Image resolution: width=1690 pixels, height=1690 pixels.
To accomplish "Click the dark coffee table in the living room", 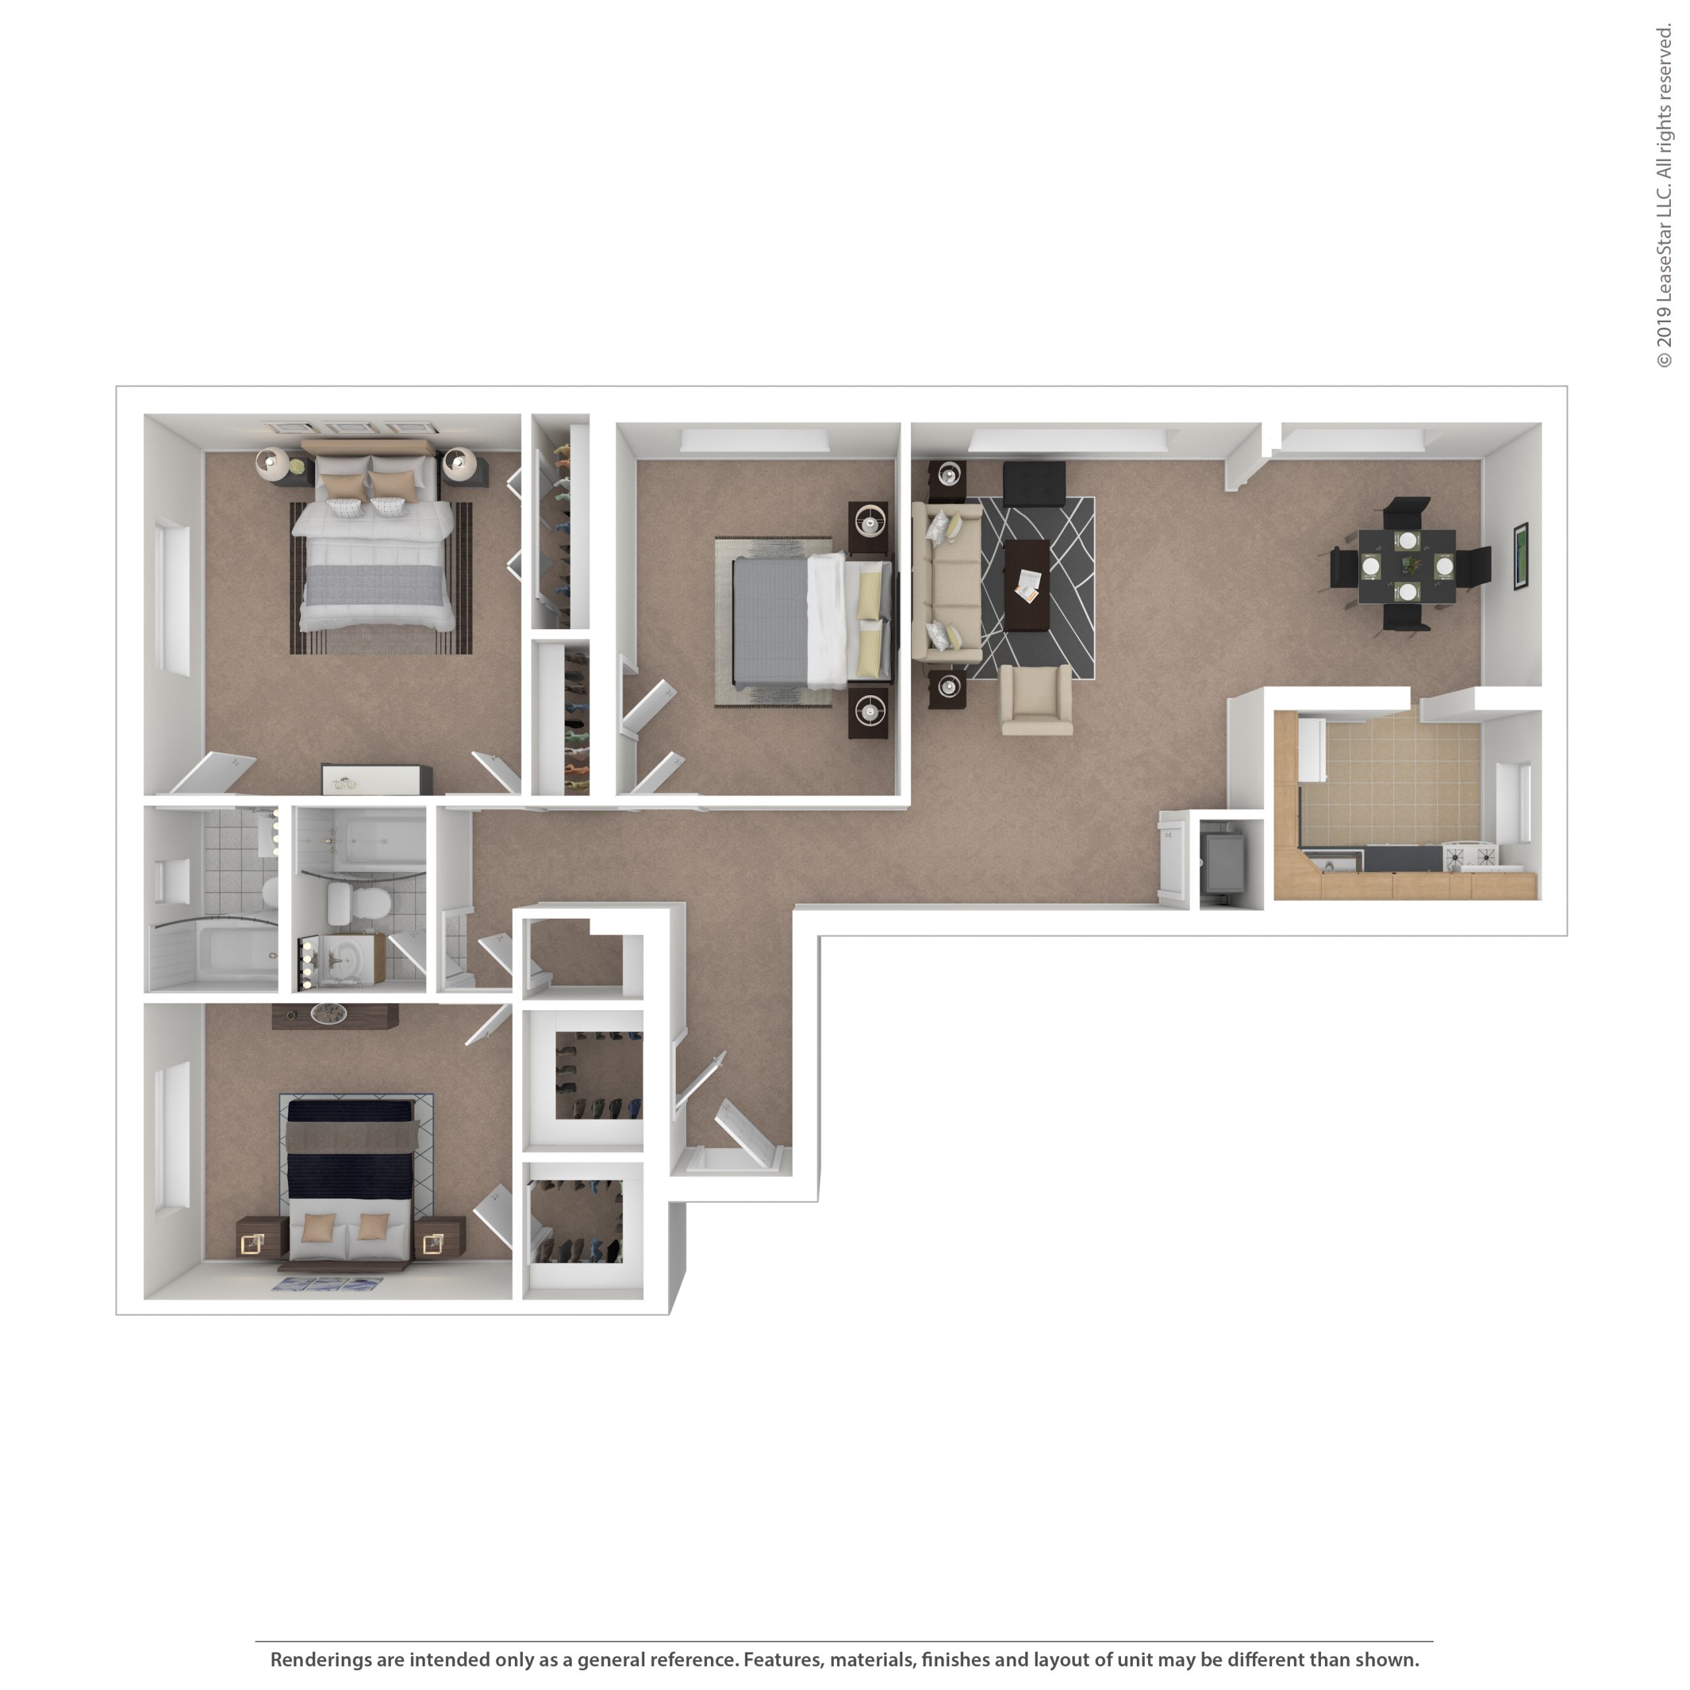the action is [1027, 585].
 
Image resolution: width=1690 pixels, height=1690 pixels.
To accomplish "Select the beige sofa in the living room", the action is [947, 582].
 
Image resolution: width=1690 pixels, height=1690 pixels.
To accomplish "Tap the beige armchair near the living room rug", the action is [1036, 700].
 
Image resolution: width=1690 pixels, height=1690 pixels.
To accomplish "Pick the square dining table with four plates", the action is [1407, 566].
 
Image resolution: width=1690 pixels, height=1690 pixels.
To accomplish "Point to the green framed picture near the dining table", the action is [1521, 557].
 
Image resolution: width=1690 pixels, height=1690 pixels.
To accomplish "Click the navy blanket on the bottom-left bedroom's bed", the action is [350, 1150].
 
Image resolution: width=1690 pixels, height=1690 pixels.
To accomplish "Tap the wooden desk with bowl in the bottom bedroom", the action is [335, 1015].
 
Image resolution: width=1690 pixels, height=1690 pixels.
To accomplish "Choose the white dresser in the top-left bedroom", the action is [377, 780].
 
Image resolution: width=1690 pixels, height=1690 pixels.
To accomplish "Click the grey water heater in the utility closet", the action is [1223, 863].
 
